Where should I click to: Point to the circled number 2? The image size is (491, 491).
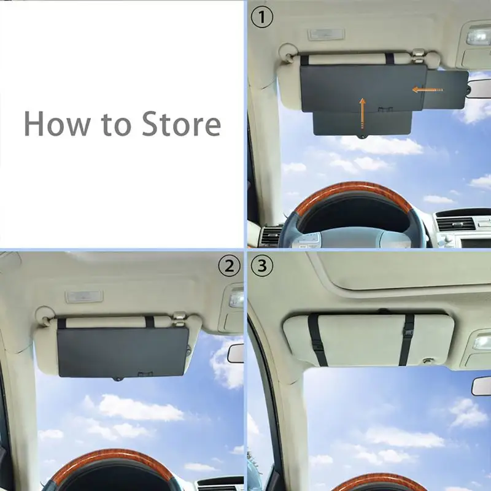coord(229,266)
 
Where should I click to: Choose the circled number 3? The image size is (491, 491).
coord(263,266)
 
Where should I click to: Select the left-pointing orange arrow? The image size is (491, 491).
coord(427,90)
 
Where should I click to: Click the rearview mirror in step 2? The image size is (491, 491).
coord(236,353)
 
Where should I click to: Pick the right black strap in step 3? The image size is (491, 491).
coord(407,339)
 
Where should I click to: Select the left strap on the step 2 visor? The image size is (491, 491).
coord(61,323)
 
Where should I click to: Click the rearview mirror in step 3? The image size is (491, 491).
coord(482,385)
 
